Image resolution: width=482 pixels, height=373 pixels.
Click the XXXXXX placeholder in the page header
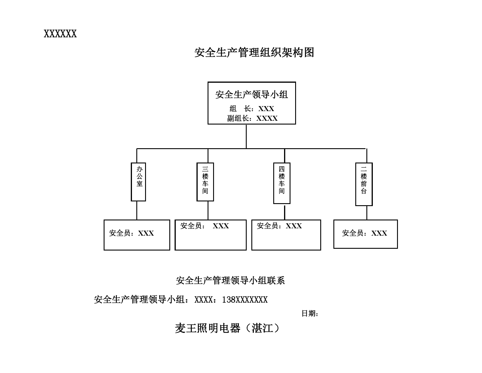click(60, 34)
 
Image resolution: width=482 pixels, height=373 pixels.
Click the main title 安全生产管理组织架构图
click(254, 52)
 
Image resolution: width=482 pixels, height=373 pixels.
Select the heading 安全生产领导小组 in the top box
click(252, 94)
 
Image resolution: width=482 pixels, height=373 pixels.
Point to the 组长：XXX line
click(252, 108)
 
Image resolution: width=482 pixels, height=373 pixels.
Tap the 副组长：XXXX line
click(252, 118)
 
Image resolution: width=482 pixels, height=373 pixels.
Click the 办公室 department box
click(138, 182)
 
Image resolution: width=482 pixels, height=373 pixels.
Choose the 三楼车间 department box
click(205, 182)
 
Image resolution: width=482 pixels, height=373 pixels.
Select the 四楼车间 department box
click(282, 183)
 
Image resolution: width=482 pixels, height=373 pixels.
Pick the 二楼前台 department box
click(364, 184)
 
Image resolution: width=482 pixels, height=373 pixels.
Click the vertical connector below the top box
click(246, 136)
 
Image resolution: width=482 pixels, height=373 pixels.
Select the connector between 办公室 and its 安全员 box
click(137, 210)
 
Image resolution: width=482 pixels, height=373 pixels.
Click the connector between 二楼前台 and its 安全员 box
click(367, 213)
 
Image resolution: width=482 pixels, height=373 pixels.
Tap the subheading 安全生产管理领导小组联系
click(230, 280)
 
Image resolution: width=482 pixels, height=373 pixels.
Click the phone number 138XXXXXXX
click(245, 300)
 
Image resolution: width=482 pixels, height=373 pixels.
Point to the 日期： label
click(310, 313)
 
